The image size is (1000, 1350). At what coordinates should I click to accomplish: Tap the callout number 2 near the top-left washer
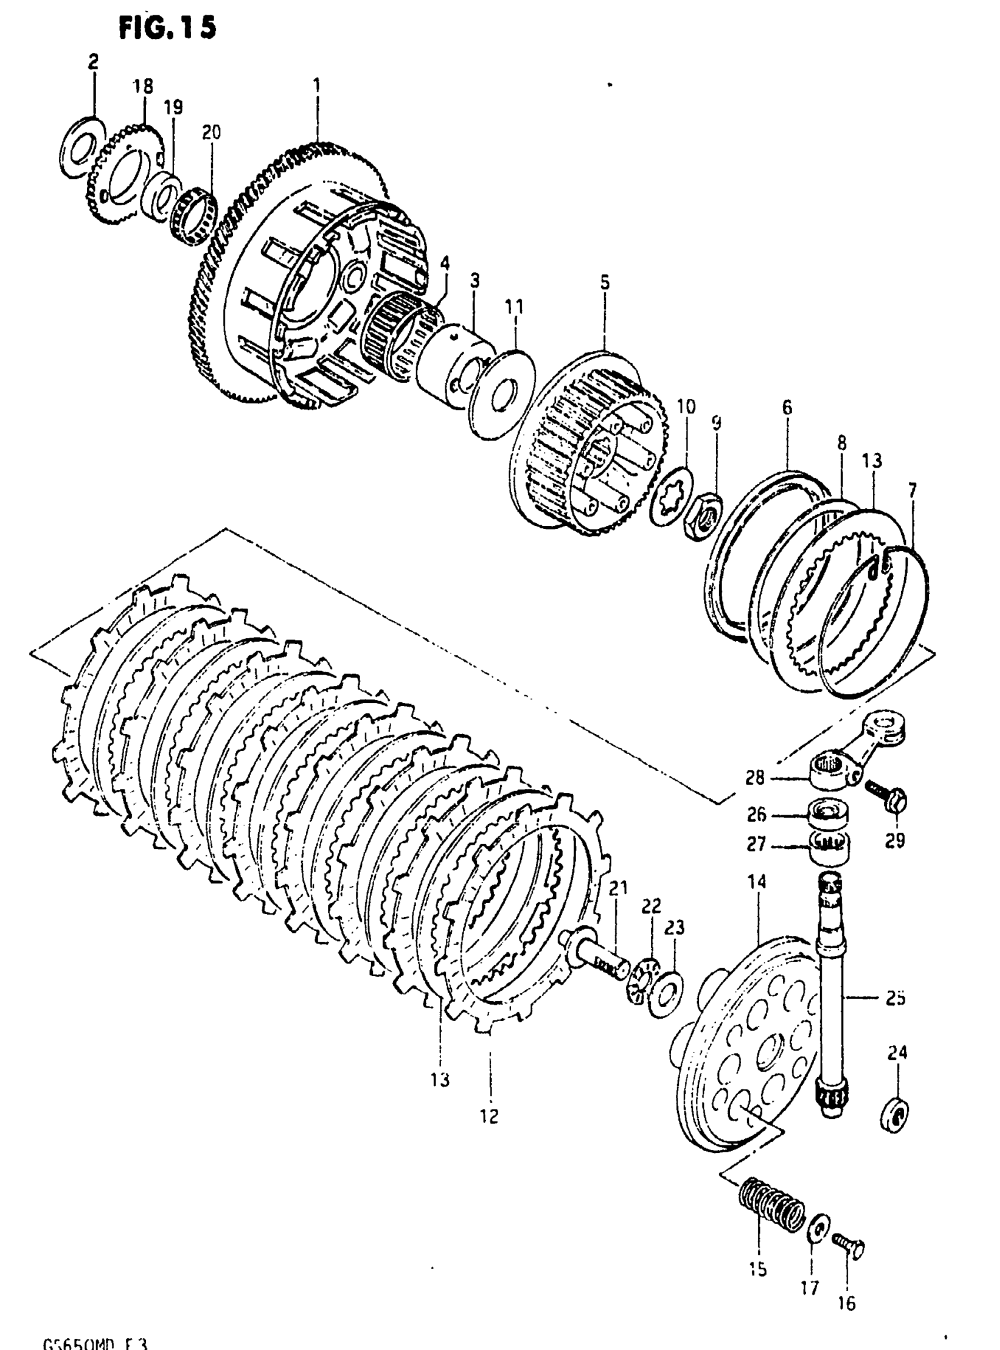tap(93, 61)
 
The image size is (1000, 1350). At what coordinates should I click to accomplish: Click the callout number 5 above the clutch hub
tap(605, 282)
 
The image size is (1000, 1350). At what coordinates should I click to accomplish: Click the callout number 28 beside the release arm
tap(755, 776)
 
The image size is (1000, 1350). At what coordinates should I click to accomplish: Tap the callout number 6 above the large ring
tap(786, 408)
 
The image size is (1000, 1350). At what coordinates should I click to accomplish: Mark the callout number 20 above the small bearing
tap(211, 132)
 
